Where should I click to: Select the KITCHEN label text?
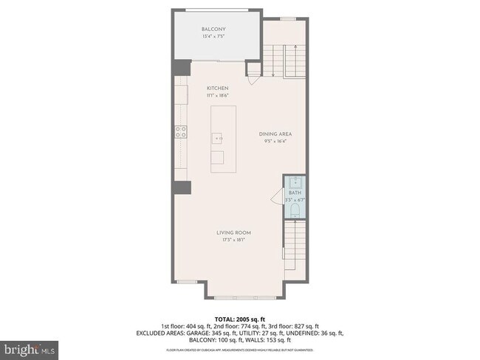click(x=217, y=89)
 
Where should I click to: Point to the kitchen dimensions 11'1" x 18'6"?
click(x=217, y=95)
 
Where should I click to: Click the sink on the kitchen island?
click(x=217, y=138)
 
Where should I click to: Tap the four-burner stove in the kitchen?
click(x=179, y=132)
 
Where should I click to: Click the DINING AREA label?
click(x=275, y=134)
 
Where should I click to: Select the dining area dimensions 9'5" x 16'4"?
click(x=275, y=140)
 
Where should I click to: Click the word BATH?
click(x=295, y=193)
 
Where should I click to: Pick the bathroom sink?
click(x=295, y=182)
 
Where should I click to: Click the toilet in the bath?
click(x=295, y=212)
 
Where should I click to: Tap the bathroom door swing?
click(x=278, y=198)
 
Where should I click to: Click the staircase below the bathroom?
click(x=295, y=251)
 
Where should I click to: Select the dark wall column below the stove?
click(x=182, y=187)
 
